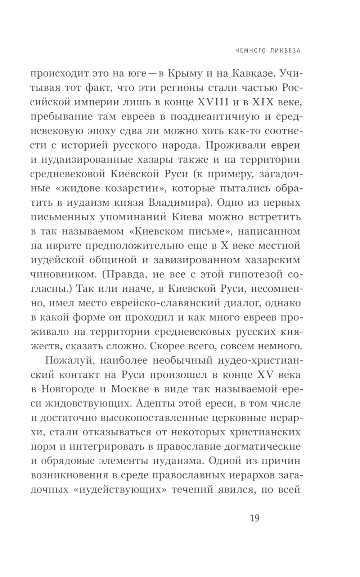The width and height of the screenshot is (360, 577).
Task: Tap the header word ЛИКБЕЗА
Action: pyautogui.click(x=282, y=51)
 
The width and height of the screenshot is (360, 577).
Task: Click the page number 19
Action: pyautogui.click(x=254, y=518)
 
